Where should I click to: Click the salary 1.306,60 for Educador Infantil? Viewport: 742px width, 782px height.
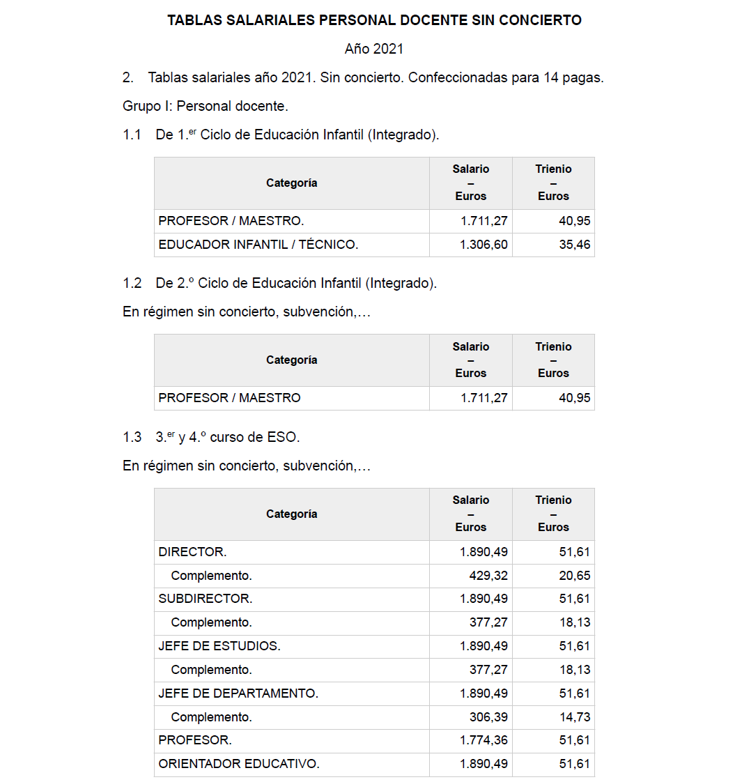click(484, 245)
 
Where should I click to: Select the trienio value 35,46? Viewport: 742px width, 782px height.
click(574, 245)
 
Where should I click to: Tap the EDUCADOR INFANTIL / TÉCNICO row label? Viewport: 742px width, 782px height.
click(258, 245)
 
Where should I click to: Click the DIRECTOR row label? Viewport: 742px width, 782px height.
click(192, 552)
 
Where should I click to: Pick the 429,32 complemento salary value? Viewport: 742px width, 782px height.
click(488, 576)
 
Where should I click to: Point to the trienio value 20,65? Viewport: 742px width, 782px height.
click(574, 576)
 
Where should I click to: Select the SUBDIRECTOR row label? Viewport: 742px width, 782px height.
click(206, 599)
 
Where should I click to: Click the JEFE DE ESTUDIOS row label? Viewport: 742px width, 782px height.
click(219, 646)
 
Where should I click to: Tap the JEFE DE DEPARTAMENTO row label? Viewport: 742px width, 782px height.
click(238, 693)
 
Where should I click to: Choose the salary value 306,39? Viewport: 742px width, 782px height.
click(488, 717)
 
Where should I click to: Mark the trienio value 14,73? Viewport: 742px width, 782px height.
click(574, 717)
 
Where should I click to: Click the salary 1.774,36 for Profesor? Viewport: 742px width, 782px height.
click(484, 740)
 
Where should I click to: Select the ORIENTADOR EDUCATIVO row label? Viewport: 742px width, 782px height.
click(239, 764)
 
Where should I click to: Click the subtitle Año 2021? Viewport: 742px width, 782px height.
click(374, 49)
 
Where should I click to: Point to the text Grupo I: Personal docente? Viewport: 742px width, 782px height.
click(205, 106)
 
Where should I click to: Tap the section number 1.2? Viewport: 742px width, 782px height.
click(132, 283)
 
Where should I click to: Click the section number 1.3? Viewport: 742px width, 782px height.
click(132, 437)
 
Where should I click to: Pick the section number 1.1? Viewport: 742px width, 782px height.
click(132, 135)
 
